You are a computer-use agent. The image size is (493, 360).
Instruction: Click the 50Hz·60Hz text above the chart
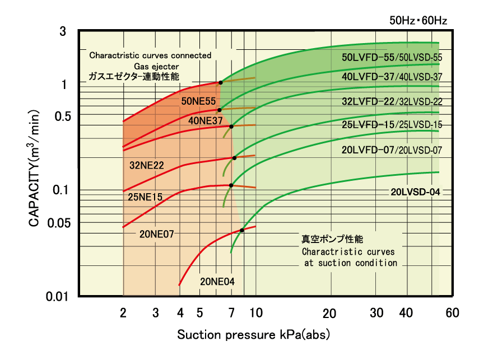418,21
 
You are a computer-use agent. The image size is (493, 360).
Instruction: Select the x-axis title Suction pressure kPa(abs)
254,335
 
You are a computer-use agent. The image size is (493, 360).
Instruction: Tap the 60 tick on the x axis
452,312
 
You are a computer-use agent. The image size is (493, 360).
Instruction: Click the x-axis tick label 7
231,312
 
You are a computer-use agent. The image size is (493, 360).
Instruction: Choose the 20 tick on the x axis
329,312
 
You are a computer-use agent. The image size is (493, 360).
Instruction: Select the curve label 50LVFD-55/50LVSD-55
392,57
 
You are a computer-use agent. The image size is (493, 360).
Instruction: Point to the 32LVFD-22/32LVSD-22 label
392,101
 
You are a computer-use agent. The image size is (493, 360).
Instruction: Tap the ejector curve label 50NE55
198,101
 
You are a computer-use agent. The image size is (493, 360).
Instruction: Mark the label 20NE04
217,282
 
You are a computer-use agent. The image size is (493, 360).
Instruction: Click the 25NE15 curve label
145,197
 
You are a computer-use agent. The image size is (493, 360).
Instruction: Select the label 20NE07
156,235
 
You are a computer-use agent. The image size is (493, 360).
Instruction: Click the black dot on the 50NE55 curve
221,82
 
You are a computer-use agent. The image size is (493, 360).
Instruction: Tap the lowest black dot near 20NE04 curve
242,230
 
